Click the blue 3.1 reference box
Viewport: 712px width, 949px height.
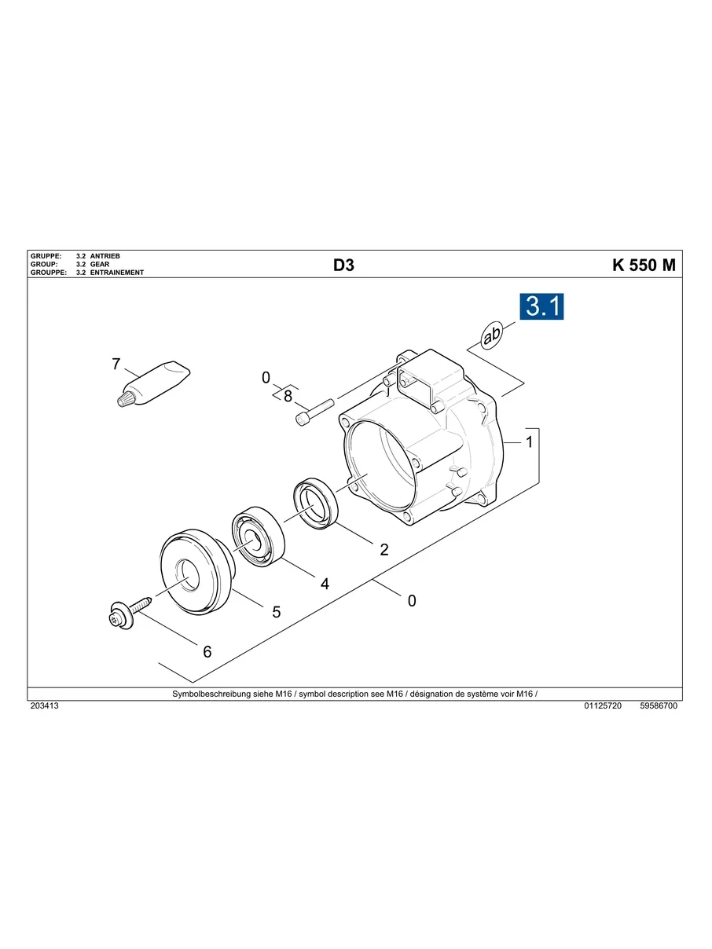click(541, 306)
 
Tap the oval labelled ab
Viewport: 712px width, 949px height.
click(492, 335)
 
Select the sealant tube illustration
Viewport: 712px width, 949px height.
click(153, 383)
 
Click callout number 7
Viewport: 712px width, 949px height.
click(116, 364)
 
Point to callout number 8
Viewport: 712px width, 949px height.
click(288, 396)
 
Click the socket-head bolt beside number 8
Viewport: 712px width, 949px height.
click(315, 412)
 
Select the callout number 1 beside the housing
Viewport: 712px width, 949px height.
click(529, 442)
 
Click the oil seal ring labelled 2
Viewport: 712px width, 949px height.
click(315, 504)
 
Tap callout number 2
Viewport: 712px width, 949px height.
click(384, 549)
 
